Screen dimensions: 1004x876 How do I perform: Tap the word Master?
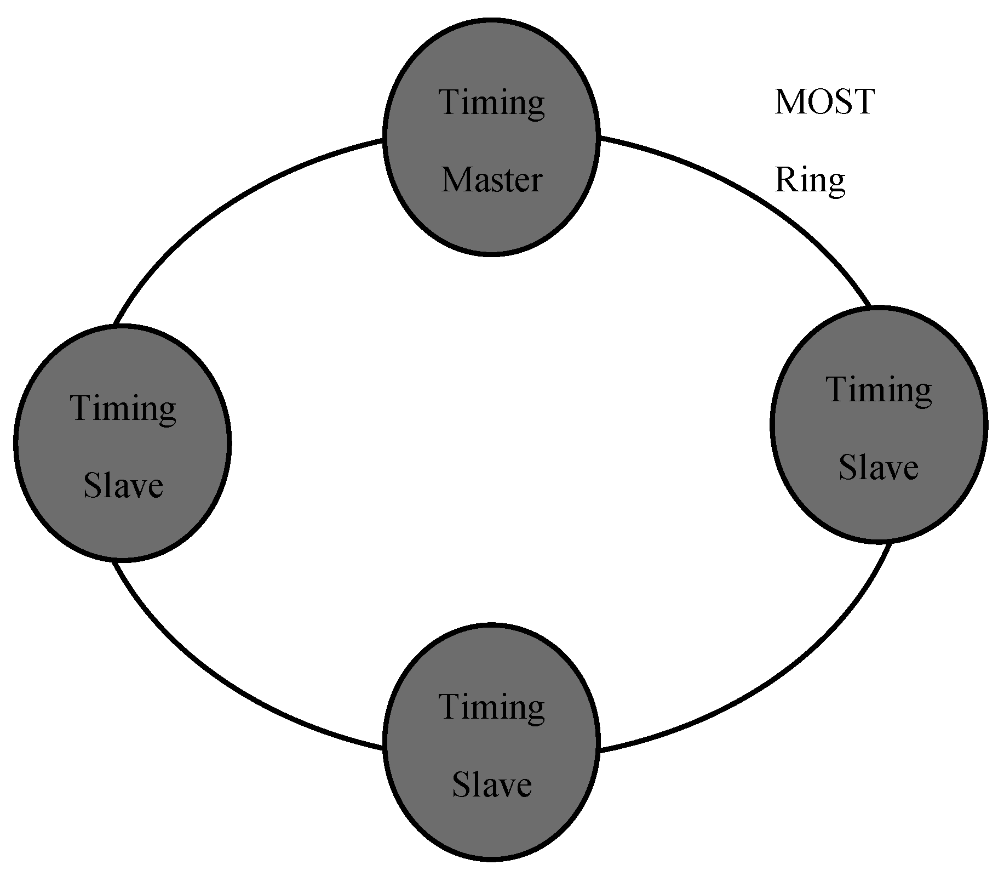pos(491,180)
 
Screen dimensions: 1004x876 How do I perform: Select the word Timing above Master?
pos(491,103)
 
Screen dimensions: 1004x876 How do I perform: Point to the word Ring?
pos(810,180)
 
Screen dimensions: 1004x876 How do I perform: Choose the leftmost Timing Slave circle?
pos(122,443)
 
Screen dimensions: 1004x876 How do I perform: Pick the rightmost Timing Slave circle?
pos(879,424)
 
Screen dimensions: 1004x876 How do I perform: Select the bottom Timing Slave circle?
pos(491,744)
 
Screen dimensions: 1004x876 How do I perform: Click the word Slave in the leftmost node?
pos(123,486)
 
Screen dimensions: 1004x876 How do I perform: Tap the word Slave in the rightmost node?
pos(879,468)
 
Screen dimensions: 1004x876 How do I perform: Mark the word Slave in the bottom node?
pos(491,784)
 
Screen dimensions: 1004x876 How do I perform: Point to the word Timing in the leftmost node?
pos(123,408)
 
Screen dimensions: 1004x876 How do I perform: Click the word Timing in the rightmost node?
pos(879,390)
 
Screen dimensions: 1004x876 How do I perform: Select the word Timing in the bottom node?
pos(491,707)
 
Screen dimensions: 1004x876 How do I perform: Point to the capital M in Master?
pos(455,180)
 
